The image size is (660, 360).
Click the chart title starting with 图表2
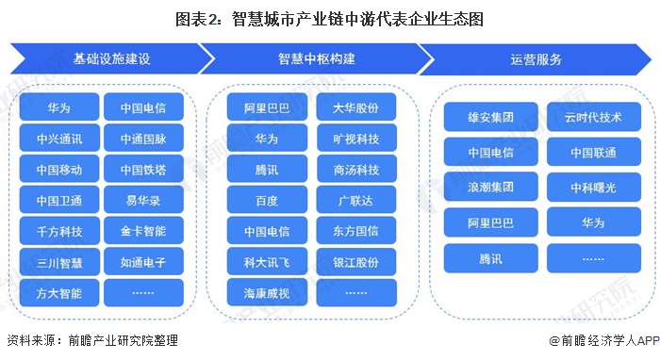pos(330,18)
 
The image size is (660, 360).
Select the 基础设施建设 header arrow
pos(110,59)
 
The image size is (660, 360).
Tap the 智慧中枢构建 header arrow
pos(316,59)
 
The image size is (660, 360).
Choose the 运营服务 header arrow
pos(535,59)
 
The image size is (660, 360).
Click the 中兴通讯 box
pos(59,139)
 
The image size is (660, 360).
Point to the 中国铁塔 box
pos(143,170)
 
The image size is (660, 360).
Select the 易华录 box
pos(143,201)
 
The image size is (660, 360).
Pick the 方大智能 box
pos(59,293)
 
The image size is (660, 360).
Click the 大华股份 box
pos(356,108)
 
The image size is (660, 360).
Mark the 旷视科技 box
pos(356,139)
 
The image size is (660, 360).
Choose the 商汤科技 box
pos(356,170)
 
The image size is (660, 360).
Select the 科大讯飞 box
pos(267,262)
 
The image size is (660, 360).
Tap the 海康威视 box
pos(267,293)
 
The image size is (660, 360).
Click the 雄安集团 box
pos(489,119)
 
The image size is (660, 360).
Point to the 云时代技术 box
pos(593,119)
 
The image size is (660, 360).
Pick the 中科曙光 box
pos(593,188)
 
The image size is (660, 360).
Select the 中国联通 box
pos(593,153)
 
